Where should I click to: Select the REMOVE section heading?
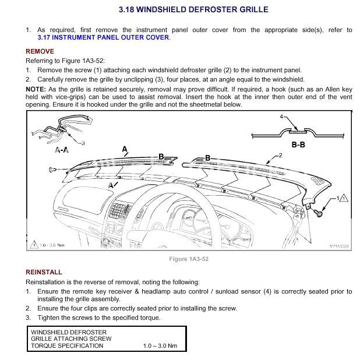[40, 51]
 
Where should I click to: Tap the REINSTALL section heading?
[44, 272]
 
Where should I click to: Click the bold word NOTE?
[36, 88]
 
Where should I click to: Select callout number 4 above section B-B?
[281, 117]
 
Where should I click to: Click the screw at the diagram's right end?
[319, 214]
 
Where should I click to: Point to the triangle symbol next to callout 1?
[344, 199]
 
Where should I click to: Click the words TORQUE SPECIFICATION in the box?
[67, 346]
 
